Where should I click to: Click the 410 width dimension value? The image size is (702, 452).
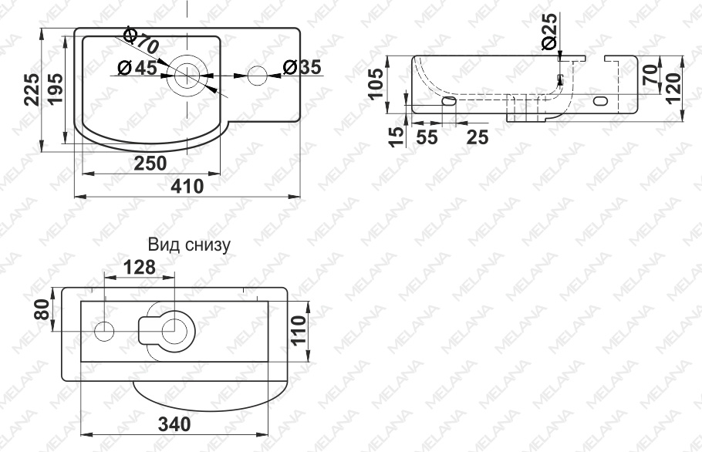tap(187, 186)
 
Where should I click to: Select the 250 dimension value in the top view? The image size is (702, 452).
tap(150, 164)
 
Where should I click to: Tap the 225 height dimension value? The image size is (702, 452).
tap(32, 89)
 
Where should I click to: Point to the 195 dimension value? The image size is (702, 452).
tap(56, 89)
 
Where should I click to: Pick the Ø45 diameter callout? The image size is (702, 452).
tap(137, 68)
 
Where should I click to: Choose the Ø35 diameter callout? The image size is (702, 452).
tap(302, 67)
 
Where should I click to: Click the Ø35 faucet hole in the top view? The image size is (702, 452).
tap(257, 76)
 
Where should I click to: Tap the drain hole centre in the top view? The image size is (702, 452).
tap(187, 76)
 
